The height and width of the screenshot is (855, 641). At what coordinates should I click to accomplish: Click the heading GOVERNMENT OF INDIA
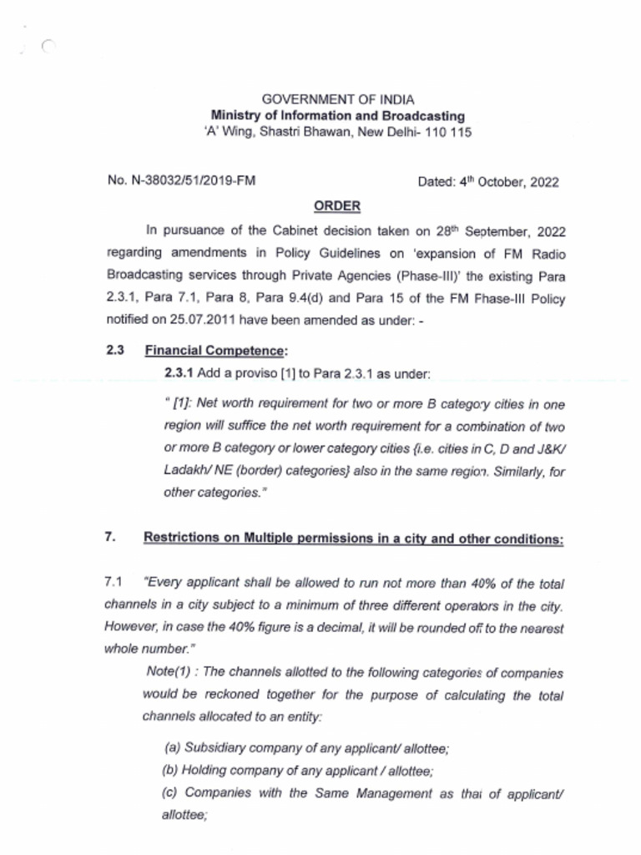[337, 99]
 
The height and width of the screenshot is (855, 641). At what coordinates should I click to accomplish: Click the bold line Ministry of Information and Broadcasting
[337, 116]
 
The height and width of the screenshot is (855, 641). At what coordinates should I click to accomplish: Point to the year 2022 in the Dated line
[542, 182]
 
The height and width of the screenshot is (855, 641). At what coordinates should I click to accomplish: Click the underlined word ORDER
[336, 205]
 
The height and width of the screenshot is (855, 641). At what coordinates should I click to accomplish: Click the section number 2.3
[114, 351]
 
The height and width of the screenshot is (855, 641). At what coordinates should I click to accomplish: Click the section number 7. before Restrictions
[109, 538]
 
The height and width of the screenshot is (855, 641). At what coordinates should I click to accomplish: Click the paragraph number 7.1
[114, 583]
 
